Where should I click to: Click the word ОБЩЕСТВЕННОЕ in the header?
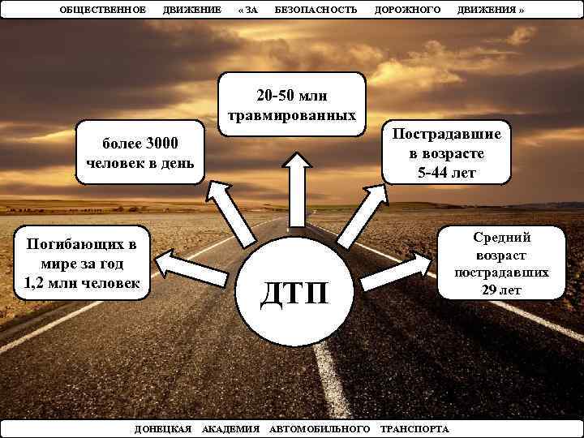pos(103,9)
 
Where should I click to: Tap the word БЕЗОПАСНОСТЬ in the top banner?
pos(316,9)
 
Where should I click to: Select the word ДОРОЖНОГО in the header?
pos(407,9)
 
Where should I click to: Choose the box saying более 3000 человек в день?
pos(140,153)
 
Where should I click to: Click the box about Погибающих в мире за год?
pos(82,264)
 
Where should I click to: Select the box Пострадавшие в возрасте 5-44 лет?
pos(448,154)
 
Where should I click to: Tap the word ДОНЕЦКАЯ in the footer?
pos(162,427)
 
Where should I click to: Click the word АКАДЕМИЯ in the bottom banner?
pos(230,427)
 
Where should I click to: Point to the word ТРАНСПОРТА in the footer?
pos(414,427)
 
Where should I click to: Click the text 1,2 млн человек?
pos(82,283)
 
